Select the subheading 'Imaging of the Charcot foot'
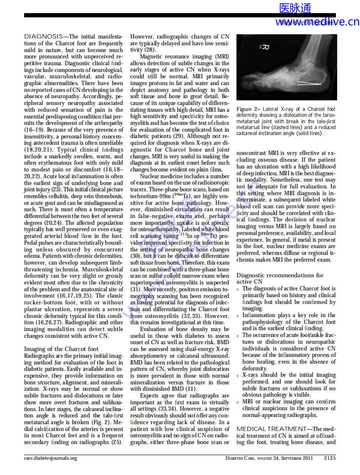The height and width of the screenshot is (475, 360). [x=61, y=349]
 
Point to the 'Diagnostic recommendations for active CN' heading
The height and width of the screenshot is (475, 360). [x=280, y=278]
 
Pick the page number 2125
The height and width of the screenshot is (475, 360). [x=330, y=458]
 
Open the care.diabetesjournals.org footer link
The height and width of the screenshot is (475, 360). [x=50, y=458]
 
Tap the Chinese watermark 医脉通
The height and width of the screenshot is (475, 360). [x=295, y=8]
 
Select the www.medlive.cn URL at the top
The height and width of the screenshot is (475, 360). [x=317, y=22]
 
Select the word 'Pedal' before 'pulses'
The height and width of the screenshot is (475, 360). [x=31, y=243]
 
